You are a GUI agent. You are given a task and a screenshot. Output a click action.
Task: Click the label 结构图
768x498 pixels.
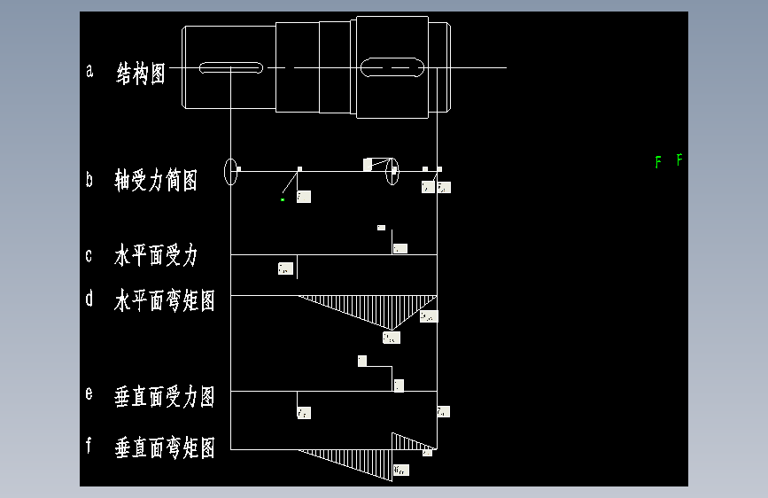tap(141, 74)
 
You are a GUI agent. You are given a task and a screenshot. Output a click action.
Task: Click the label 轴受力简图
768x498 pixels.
tap(156, 180)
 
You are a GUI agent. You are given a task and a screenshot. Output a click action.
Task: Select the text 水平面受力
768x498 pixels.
tap(156, 257)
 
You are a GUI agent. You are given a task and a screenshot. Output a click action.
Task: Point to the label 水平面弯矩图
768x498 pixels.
tap(165, 301)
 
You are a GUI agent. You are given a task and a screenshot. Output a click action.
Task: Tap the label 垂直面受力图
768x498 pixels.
tap(165, 396)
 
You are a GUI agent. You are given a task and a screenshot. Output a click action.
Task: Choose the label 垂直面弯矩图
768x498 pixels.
tap(165, 448)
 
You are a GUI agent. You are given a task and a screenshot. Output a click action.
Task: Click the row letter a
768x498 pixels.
tap(89, 72)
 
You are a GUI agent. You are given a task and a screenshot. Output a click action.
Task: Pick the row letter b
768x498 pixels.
tap(89, 180)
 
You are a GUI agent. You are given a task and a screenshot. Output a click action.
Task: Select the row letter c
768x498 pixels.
tap(89, 256)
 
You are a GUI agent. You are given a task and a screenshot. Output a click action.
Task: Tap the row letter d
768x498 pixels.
tap(89, 299)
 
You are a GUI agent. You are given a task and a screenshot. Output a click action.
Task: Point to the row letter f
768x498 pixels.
tap(89, 446)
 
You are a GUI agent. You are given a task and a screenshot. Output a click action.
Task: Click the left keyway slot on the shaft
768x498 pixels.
tap(231, 67)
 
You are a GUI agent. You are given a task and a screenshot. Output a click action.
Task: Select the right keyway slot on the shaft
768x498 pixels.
tap(392, 67)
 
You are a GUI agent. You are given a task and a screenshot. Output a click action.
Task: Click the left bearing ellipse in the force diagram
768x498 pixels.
tap(231, 170)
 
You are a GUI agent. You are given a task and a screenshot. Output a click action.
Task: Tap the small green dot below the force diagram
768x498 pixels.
tap(283, 200)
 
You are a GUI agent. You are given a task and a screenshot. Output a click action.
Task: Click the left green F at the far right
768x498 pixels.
tap(658, 161)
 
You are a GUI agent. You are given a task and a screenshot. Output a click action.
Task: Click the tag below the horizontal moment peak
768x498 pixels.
tap(390, 337)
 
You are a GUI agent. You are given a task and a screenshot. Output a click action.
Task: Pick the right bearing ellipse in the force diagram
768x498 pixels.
tap(392, 171)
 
